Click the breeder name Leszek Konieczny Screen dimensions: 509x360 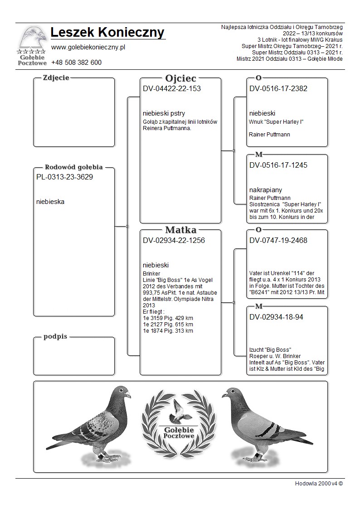point(107,33)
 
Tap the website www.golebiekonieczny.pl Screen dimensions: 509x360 point(88,47)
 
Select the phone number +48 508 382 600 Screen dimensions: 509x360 point(76,63)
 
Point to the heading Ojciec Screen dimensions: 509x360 point(180,78)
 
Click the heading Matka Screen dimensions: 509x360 point(180,230)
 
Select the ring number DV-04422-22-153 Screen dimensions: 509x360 point(171,89)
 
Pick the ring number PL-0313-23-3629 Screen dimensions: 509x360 point(64,177)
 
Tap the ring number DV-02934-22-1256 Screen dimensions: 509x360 point(174,241)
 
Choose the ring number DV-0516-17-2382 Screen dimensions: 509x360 point(278,89)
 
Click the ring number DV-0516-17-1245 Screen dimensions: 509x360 point(278,165)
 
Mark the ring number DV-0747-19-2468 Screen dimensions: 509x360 point(278,241)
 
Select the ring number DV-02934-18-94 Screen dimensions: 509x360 point(276,317)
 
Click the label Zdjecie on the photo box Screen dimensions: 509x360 point(56,78)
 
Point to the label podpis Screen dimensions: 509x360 point(55,337)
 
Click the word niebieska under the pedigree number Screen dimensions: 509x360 point(50,202)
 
